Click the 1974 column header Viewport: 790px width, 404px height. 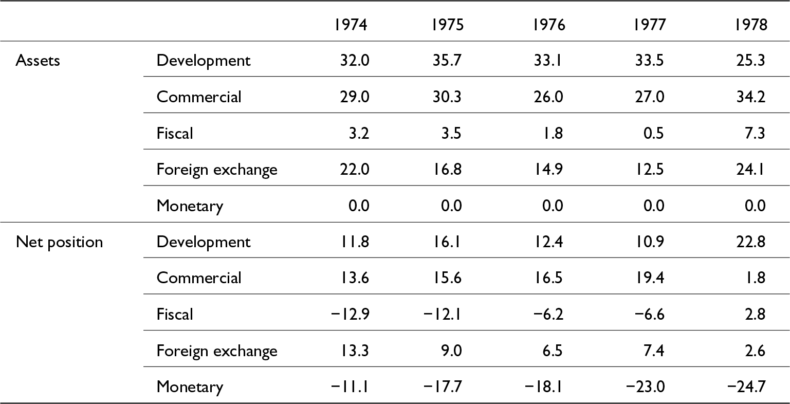point(351,25)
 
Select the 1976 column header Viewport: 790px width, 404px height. point(549,25)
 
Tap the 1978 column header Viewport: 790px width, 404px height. point(751,25)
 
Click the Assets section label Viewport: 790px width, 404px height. point(38,61)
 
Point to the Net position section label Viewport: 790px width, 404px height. point(59,243)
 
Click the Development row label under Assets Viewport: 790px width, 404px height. point(204,61)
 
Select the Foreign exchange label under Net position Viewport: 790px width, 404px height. point(217,351)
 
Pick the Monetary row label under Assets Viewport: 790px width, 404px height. point(190,206)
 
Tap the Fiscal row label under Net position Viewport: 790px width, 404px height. point(175,314)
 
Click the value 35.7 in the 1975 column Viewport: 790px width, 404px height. point(447,60)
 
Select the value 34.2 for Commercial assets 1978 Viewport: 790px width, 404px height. point(751,97)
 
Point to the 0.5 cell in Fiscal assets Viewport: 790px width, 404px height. point(653,133)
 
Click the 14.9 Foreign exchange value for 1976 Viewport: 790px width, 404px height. point(548,169)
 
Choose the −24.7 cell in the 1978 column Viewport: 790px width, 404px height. point(746,387)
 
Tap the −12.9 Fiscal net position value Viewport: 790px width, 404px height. point(350,314)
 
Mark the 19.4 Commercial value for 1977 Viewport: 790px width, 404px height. point(650,278)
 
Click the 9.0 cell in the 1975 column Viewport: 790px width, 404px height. point(451,351)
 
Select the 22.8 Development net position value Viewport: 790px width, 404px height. point(751,242)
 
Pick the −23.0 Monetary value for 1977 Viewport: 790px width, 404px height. point(646,387)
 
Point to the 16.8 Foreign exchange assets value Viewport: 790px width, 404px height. point(447,169)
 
